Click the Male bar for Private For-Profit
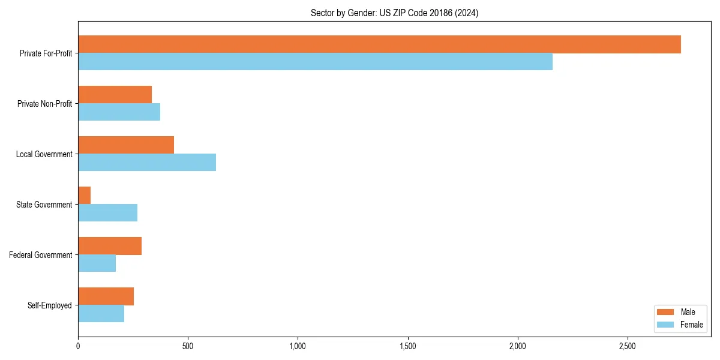coord(379,44)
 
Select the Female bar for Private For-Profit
coord(315,62)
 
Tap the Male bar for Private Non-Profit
coord(115,95)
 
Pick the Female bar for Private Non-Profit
coord(119,112)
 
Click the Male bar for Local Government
coord(126,145)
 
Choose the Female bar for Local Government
coord(147,163)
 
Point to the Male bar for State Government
coord(85,196)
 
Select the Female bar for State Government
coord(107,213)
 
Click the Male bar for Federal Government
coord(110,246)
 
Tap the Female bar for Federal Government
coord(97,263)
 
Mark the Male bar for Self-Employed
coord(106,296)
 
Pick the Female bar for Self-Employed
coord(101,314)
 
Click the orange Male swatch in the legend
coord(666,312)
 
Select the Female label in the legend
coord(692,325)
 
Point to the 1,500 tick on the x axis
coord(407,346)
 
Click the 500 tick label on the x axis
coord(188,346)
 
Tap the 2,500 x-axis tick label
coord(627,346)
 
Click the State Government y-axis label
coord(44,205)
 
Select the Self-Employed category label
coord(49,305)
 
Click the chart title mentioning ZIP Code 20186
coord(394,13)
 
